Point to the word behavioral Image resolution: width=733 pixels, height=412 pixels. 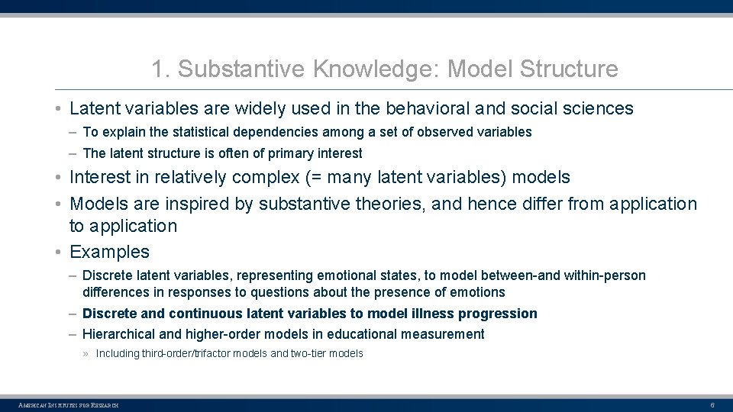tap(430, 109)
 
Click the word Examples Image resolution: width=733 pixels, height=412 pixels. tap(109, 252)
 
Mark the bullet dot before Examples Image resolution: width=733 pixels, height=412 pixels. tap(59, 252)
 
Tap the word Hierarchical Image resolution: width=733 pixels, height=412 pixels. tap(120, 334)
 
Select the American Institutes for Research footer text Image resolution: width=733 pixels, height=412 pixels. tap(69, 404)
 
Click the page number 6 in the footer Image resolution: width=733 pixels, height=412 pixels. tap(712, 404)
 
